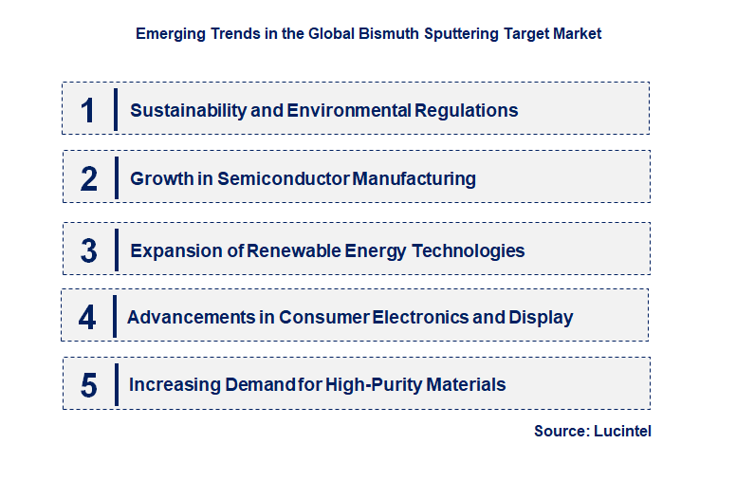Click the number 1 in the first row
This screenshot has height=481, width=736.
tap(88, 110)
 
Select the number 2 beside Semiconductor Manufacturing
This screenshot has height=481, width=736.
tap(88, 178)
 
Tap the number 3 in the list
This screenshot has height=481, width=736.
tap(88, 251)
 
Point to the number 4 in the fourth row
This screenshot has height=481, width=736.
tap(87, 317)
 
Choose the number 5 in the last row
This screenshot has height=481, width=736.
tap(88, 385)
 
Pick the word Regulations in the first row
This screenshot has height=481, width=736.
tap(466, 110)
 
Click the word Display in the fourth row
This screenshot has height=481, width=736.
tap(541, 317)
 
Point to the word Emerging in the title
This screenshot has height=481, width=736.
tap(168, 33)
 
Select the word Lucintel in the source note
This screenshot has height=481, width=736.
tap(624, 431)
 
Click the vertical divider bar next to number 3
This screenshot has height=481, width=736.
tap(117, 250)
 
